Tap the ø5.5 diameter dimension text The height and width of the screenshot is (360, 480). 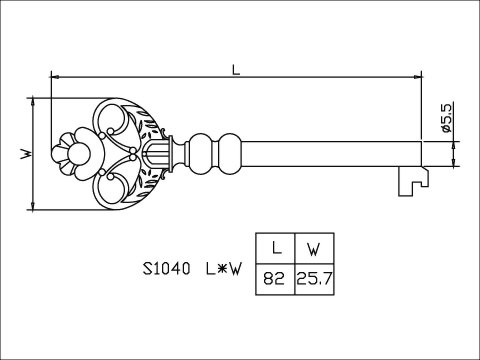[x=447, y=119]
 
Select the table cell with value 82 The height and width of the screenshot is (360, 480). [x=274, y=277]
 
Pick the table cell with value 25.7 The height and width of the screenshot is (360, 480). [x=312, y=277]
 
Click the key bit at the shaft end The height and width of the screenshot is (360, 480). [x=410, y=179]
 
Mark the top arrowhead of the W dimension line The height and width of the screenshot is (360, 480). [x=34, y=100]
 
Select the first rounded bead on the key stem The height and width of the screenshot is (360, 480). [x=201, y=153]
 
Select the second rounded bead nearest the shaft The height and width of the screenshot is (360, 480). [x=229, y=153]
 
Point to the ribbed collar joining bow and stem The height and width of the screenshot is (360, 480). [x=160, y=153]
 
